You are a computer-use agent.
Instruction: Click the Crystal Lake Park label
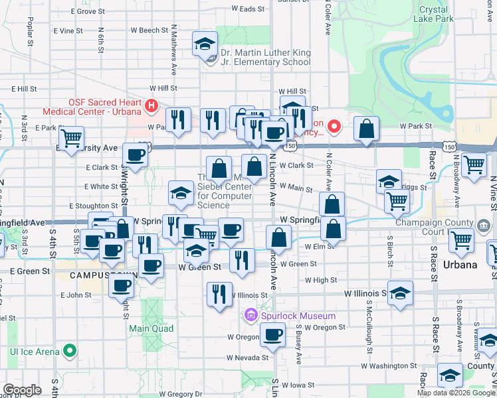tap(437, 14)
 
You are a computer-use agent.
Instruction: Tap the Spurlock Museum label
tap(289, 316)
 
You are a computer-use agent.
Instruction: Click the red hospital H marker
tap(152, 104)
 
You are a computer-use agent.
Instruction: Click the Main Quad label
tap(151, 328)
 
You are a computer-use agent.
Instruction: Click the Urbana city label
tap(458, 265)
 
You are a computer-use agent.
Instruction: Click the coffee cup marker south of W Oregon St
tap(272, 336)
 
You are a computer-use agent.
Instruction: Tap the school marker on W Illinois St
tap(400, 293)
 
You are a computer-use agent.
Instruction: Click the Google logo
tap(22, 390)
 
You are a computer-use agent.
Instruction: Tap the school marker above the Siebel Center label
tap(181, 193)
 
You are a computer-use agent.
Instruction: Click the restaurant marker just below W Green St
tap(242, 261)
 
